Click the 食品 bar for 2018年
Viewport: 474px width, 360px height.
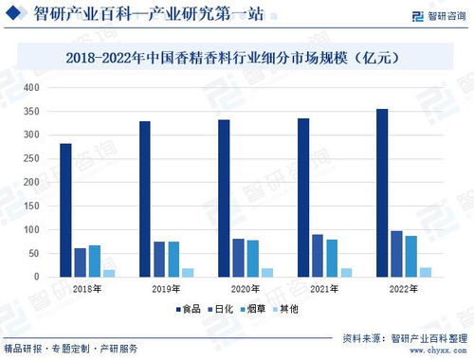65,210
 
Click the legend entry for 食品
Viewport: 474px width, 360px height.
187,308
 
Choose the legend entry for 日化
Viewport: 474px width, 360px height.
221,308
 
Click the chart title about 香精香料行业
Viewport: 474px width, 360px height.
237,57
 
